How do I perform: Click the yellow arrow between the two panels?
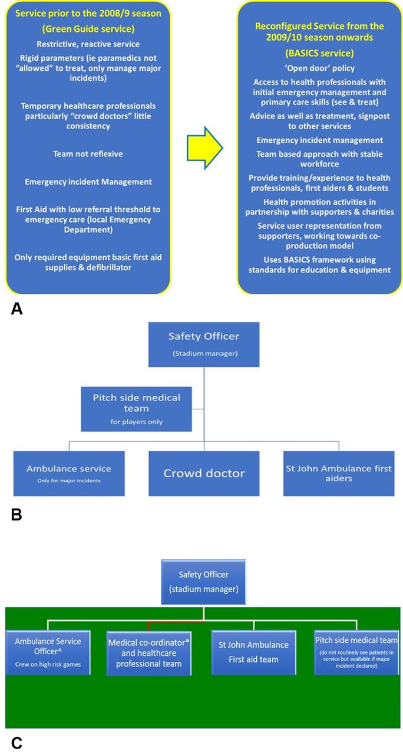(x=204, y=147)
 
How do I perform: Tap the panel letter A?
(x=17, y=308)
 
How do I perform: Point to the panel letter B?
(x=16, y=515)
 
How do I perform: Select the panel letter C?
(x=17, y=743)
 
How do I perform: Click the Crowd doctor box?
(x=204, y=473)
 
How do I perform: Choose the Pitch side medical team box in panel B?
(x=136, y=409)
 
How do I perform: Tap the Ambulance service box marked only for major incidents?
(x=69, y=473)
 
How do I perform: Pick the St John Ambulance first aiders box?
(x=339, y=473)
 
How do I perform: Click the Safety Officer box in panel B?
(x=204, y=344)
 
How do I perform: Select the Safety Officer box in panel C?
(x=204, y=582)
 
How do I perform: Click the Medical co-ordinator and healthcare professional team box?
(x=149, y=653)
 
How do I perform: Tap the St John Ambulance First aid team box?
(x=253, y=652)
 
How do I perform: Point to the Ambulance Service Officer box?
(x=48, y=652)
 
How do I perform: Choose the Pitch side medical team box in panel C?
(x=356, y=652)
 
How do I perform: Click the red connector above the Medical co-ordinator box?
(x=176, y=622)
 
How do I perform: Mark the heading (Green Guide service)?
(x=88, y=29)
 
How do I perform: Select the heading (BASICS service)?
(x=319, y=53)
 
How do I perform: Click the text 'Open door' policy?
(x=319, y=68)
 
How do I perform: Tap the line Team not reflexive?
(x=88, y=154)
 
